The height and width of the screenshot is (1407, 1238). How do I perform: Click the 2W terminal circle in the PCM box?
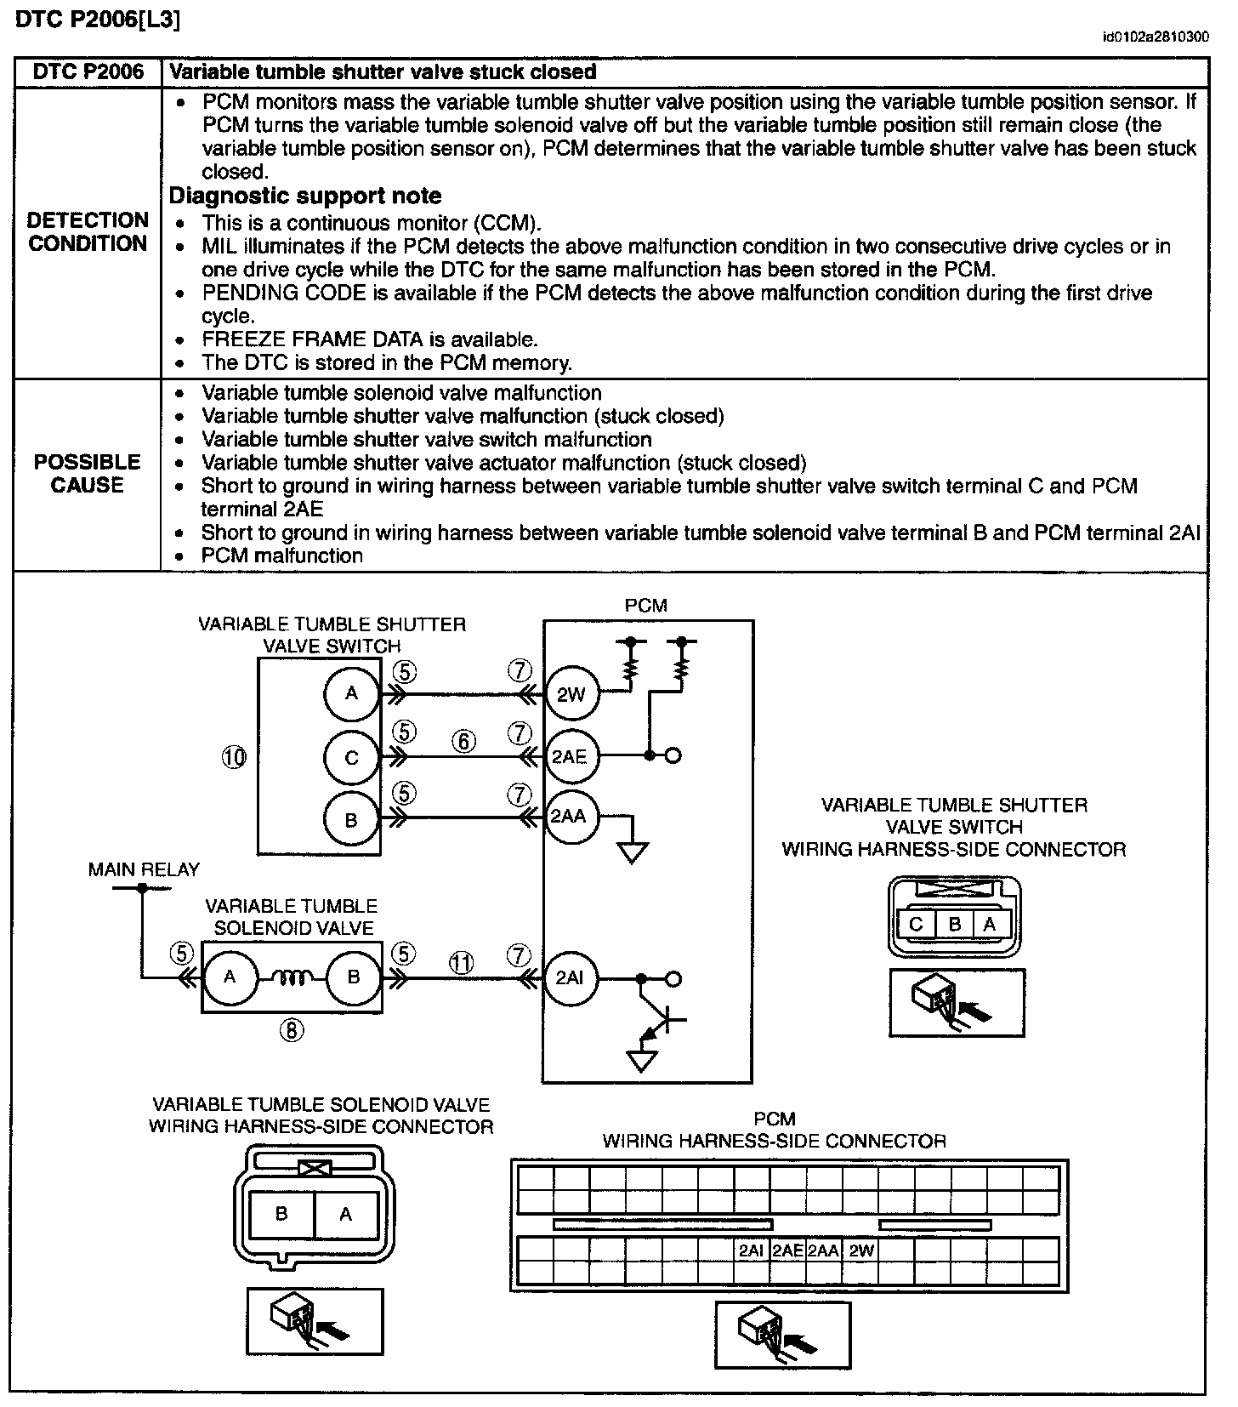(x=571, y=694)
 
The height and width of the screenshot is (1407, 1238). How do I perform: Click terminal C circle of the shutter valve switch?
(x=351, y=757)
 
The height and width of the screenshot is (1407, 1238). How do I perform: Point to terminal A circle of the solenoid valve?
(x=230, y=977)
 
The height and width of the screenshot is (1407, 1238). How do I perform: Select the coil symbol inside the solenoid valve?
(x=292, y=978)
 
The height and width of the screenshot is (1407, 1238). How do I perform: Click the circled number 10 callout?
(x=234, y=756)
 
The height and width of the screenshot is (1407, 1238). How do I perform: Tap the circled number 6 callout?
(x=464, y=741)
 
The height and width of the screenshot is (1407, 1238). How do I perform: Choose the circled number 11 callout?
(x=461, y=963)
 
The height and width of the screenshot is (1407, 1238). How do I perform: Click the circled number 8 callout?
(x=292, y=1030)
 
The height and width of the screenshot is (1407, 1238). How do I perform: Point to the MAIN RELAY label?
(x=144, y=869)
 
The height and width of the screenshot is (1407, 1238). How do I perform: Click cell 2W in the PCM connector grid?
(x=861, y=1250)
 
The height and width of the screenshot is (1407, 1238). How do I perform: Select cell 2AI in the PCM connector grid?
(x=751, y=1250)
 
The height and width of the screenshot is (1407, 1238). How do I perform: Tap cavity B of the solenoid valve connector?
(x=281, y=1214)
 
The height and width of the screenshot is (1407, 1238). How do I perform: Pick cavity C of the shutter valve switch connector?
(x=916, y=924)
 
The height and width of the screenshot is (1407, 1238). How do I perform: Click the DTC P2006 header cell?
(x=88, y=72)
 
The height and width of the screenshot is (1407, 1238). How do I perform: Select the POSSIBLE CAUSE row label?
(x=87, y=474)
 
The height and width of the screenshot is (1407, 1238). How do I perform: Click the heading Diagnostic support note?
(x=305, y=196)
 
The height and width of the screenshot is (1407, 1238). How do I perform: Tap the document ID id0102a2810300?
(x=1155, y=37)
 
